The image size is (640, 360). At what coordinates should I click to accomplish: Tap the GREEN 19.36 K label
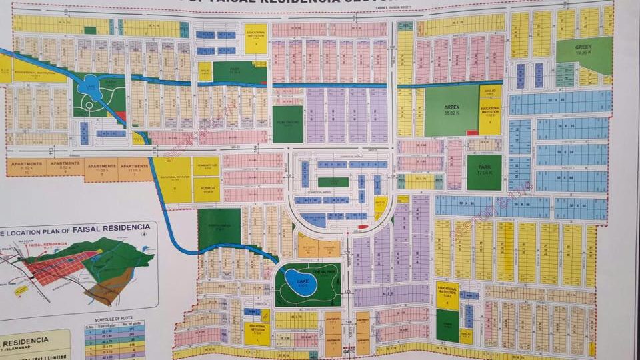[584, 49]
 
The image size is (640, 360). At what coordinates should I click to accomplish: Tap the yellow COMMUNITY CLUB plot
[206, 166]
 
